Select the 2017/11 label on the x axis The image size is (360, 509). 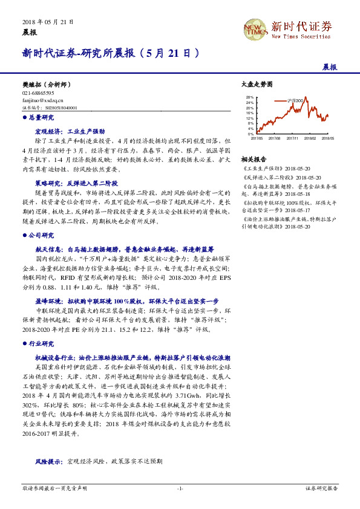[x=292, y=138]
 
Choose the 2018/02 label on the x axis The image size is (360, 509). [x=310, y=138]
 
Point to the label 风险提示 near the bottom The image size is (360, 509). [x=47, y=461]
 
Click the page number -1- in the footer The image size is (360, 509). [x=180, y=487]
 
